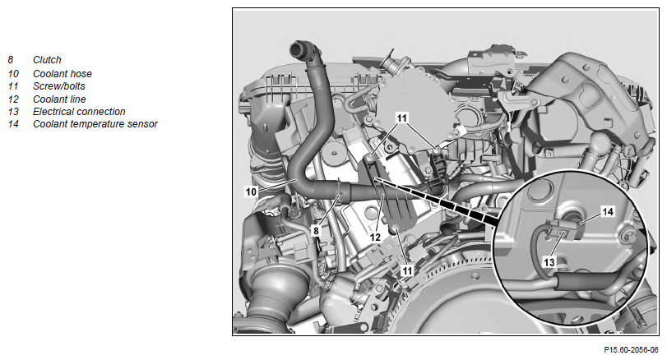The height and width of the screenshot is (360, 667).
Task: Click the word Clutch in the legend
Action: (47, 60)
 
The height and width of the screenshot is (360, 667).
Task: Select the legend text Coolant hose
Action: (63, 73)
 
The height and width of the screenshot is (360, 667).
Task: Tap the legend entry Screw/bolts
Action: (59, 85)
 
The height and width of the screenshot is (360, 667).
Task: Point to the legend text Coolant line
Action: (59, 99)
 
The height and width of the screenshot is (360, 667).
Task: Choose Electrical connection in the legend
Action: (79, 111)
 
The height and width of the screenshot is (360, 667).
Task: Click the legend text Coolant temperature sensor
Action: (95, 123)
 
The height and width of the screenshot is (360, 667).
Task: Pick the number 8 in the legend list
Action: (11, 60)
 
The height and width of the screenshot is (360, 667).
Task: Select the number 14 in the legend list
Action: (13, 123)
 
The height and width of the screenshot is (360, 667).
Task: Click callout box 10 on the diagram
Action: (251, 192)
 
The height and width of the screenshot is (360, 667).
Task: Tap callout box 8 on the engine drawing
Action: (316, 230)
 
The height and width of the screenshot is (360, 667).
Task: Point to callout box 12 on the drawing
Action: (375, 238)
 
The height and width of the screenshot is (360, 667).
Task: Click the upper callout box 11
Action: (402, 118)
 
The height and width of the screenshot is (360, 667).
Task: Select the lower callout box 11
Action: (407, 270)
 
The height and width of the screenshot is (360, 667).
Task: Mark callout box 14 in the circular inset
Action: (608, 211)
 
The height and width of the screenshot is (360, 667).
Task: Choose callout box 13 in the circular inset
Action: (549, 262)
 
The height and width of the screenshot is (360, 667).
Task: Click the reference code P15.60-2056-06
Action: (631, 350)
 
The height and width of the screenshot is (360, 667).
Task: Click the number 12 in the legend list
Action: (13, 99)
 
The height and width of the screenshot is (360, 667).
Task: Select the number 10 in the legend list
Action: (13, 73)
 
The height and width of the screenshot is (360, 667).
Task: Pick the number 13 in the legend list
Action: (13, 111)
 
